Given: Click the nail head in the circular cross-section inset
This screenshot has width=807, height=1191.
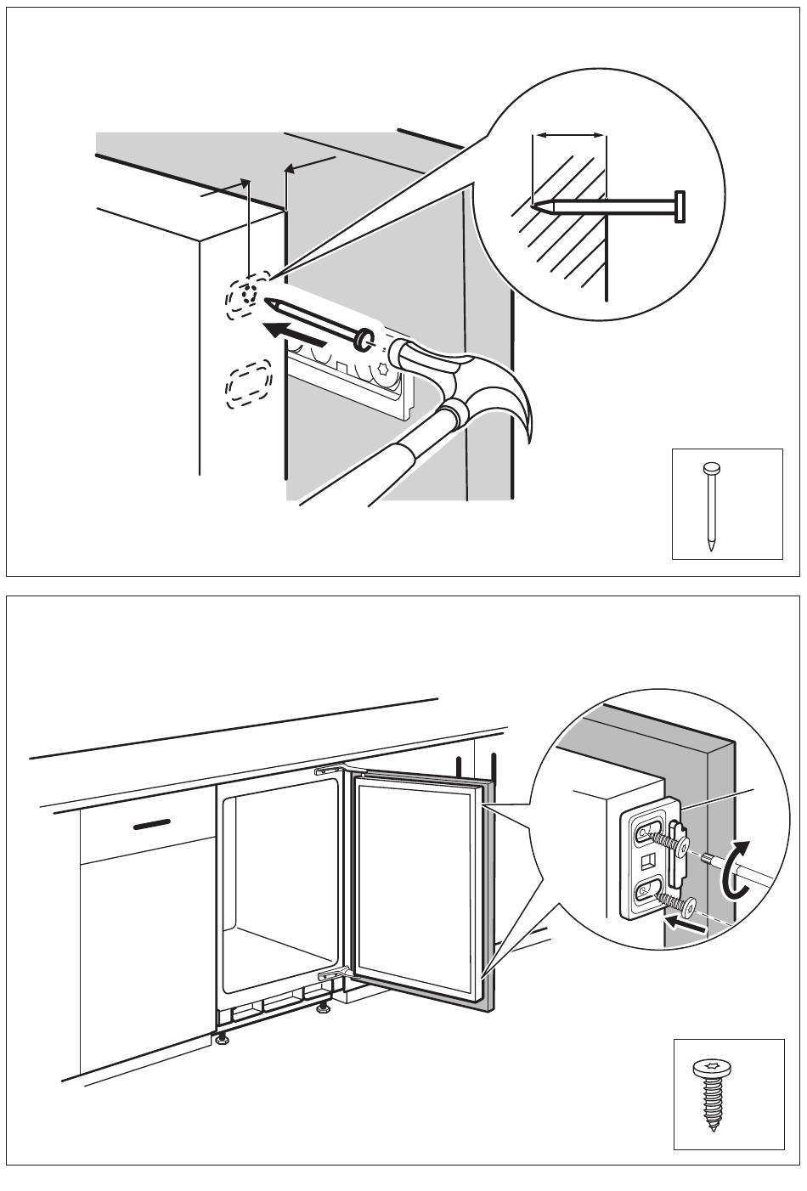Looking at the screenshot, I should click(x=680, y=206).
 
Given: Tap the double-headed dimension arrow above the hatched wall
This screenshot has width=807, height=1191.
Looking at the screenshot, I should click(x=568, y=134).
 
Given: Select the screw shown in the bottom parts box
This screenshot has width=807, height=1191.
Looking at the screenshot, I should click(x=713, y=1096).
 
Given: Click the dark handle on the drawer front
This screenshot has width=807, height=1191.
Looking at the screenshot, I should click(x=151, y=823).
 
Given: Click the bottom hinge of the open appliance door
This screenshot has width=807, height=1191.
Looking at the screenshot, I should click(x=335, y=977).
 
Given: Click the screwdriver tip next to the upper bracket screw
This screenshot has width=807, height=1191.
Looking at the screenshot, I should click(x=707, y=861).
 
